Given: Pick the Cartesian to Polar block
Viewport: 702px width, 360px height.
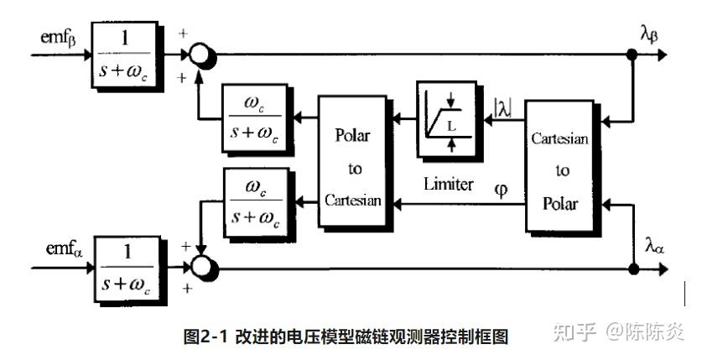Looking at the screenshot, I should click(560, 166).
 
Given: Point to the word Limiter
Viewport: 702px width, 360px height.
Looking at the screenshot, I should click(448, 184).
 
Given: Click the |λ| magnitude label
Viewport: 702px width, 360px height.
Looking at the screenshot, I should click(503, 107).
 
